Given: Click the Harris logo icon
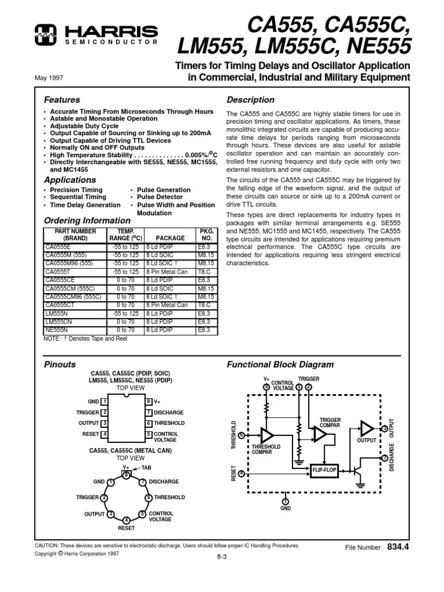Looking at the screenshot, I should tap(45, 34).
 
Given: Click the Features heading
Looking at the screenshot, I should tap(62, 99).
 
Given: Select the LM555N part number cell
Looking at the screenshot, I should tap(55, 313).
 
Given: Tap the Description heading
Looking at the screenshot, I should tap(250, 99).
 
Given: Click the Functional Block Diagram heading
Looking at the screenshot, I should tap(280, 364).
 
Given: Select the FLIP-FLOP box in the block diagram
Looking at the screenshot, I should tap(324, 471).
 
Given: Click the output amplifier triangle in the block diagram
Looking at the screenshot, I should tap(366, 428).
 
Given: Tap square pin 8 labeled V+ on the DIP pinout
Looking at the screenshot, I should tap(149, 401).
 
